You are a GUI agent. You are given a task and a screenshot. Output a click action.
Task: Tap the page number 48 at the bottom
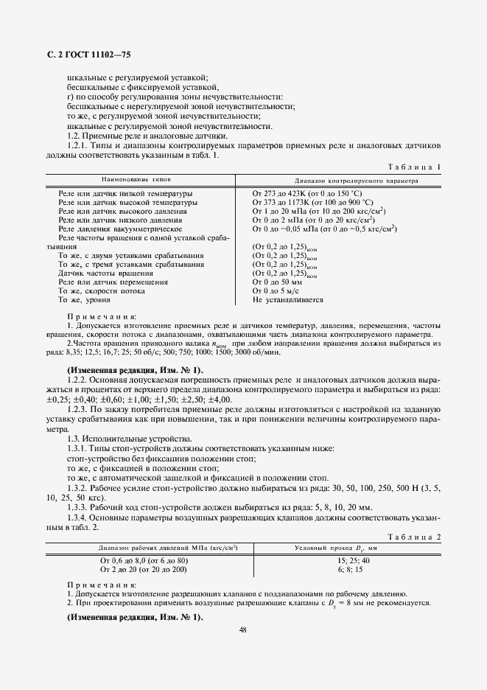(x=243, y=630)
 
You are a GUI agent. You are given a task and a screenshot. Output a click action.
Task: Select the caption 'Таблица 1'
(x=413, y=167)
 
